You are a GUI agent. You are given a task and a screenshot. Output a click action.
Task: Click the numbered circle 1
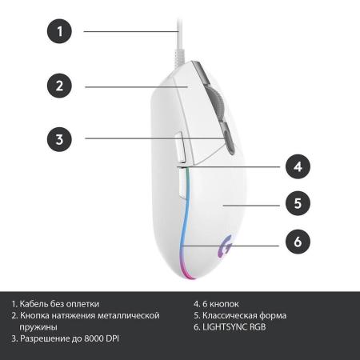[x=59, y=31]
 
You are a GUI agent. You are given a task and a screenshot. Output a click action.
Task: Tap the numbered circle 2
[x=59, y=86]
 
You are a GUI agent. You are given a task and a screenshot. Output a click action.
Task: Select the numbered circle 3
[x=59, y=139]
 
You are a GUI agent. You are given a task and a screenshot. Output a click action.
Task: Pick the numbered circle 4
[x=298, y=166]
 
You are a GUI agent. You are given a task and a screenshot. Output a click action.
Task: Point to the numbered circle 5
[x=298, y=203]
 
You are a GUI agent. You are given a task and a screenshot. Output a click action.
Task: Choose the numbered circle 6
[x=298, y=242]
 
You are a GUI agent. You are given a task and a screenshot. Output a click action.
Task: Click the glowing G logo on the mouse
[x=225, y=246]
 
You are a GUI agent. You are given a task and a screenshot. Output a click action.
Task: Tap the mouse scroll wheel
[x=218, y=103]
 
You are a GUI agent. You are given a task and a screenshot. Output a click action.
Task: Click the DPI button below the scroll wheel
[x=229, y=141]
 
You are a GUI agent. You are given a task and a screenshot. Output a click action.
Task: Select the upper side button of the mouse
[x=181, y=146]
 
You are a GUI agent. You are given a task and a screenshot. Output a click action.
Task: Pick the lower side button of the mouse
[x=182, y=184]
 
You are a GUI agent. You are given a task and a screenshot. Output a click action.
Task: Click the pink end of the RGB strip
[x=186, y=272]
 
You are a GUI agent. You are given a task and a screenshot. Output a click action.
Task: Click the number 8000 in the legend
[x=94, y=338]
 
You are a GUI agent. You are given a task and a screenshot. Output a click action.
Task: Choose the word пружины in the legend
[x=38, y=327]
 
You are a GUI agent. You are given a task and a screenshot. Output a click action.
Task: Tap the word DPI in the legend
[x=112, y=338]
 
